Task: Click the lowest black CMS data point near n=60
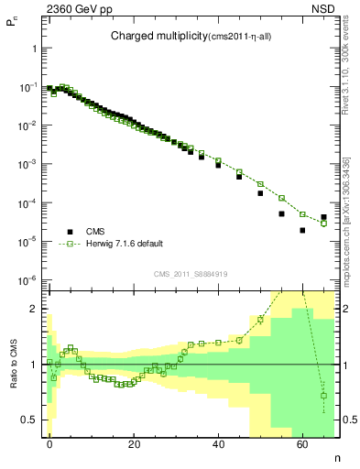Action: [302, 230]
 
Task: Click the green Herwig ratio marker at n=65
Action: [323, 396]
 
